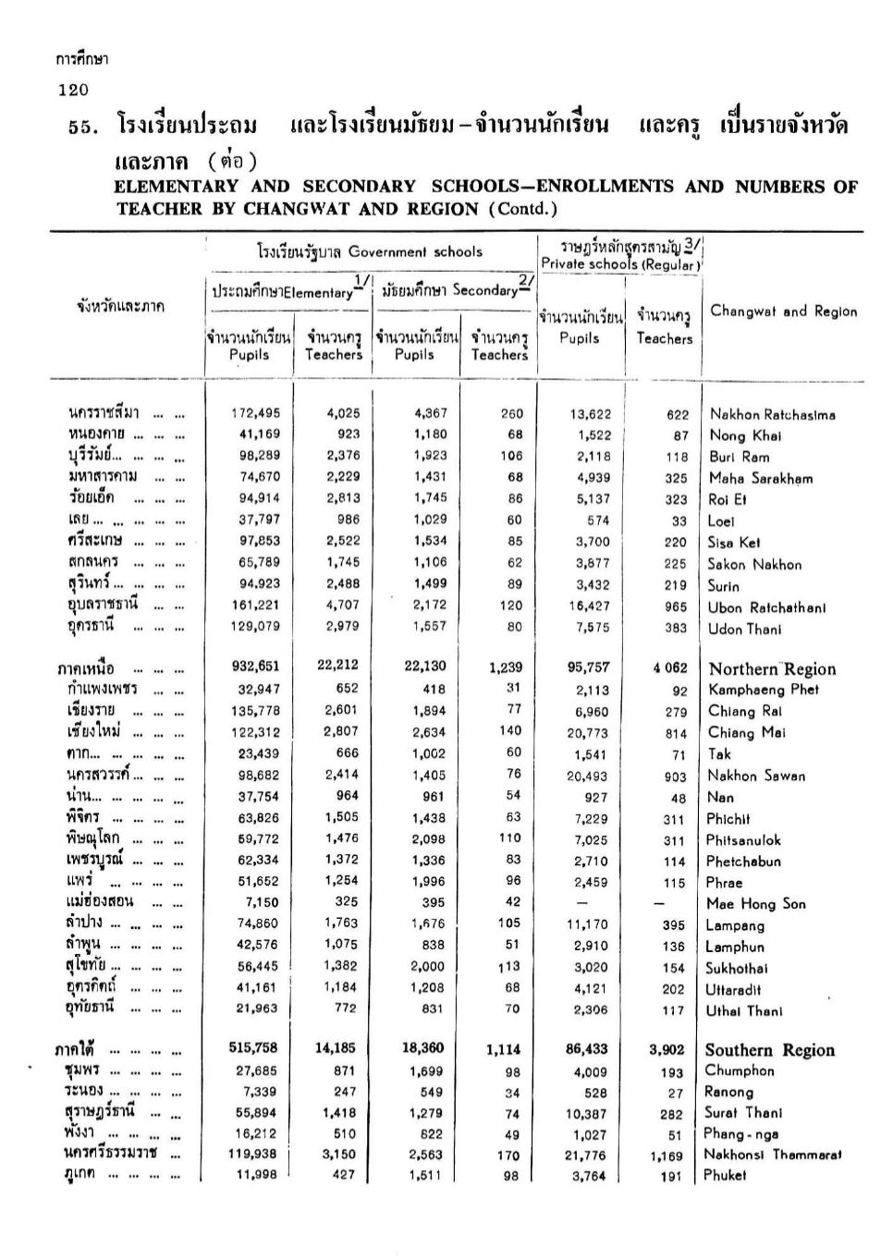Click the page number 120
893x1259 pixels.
72,90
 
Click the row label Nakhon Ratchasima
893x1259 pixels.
772,415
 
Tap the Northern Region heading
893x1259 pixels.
772,669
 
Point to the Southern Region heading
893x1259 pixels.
769,1050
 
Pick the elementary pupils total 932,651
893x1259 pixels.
259,666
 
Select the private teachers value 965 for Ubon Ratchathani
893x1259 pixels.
676,607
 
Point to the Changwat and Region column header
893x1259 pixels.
783,312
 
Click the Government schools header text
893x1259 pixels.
415,251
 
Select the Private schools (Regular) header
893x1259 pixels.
620,264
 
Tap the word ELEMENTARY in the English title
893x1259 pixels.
176,187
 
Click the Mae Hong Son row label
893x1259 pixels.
756,904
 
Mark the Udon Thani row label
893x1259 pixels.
744,629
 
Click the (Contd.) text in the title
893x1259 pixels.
524,209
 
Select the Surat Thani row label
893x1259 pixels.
743,1113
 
